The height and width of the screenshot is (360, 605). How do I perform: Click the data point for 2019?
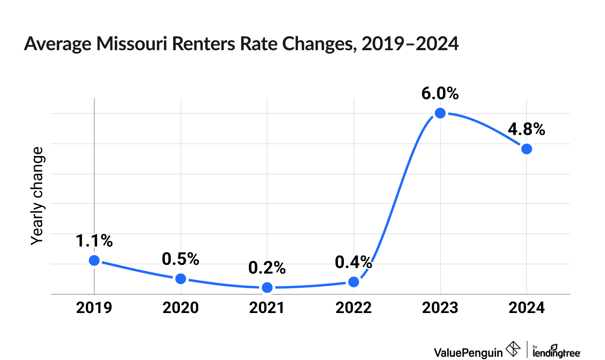pos(94,260)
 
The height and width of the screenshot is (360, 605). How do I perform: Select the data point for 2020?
pos(181,278)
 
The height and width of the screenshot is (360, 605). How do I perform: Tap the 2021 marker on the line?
pos(267,287)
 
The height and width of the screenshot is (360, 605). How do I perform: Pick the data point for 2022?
pos(353,282)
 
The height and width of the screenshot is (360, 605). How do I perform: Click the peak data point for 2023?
pos(440,113)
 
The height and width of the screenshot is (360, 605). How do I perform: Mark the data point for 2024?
pos(527,149)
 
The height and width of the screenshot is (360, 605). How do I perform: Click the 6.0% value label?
pos(440,94)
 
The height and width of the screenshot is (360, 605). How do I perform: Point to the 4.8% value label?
pos(526,129)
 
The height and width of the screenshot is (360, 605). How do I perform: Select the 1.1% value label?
pos(94,241)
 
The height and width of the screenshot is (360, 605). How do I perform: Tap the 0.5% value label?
pos(180,259)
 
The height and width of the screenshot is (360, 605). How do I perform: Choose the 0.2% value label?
pos(267,268)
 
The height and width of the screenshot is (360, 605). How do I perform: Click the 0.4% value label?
pos(353,262)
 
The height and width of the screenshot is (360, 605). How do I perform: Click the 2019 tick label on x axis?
pos(94,308)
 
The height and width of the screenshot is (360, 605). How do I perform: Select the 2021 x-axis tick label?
pos(267,308)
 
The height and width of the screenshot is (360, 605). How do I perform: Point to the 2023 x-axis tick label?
pos(440,308)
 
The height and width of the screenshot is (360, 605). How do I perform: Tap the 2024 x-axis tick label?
pos(527,308)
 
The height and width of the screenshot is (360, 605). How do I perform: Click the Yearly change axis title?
pos(37,196)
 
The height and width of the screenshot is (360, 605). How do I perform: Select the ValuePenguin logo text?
pos(468,352)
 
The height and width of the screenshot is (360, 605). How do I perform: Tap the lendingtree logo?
pos(556,352)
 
